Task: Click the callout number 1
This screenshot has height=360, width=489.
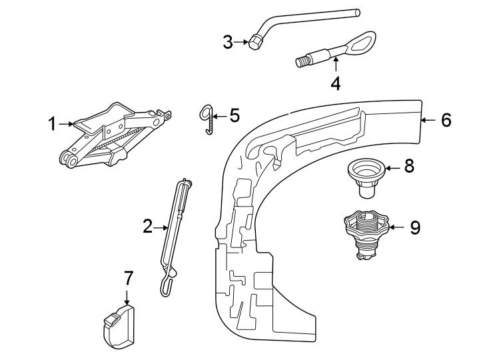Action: pyautogui.click(x=51, y=123)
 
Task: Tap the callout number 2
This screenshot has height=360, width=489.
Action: pyautogui.click(x=147, y=227)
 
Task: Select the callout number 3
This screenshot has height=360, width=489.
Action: pyautogui.click(x=228, y=43)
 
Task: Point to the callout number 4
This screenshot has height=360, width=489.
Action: pyautogui.click(x=336, y=84)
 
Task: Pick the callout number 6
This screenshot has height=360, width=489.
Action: pyautogui.click(x=446, y=120)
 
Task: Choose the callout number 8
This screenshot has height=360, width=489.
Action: pyautogui.click(x=409, y=166)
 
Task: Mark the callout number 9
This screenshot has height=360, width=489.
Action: pyautogui.click(x=414, y=227)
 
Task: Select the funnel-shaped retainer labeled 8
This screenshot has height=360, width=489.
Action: pyautogui.click(x=364, y=177)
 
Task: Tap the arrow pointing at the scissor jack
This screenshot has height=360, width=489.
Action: pyautogui.click(x=66, y=123)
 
